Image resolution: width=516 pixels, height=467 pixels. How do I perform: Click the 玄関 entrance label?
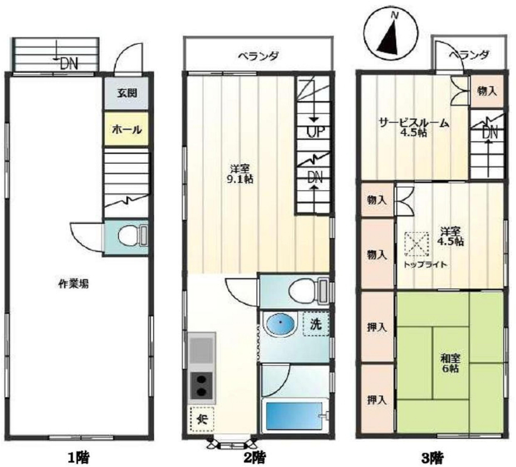[127, 93]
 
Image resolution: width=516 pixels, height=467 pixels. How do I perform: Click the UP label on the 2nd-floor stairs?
[316, 132]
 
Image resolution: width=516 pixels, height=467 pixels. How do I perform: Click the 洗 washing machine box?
[316, 323]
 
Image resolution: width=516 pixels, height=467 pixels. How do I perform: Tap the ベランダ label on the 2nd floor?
[258, 56]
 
